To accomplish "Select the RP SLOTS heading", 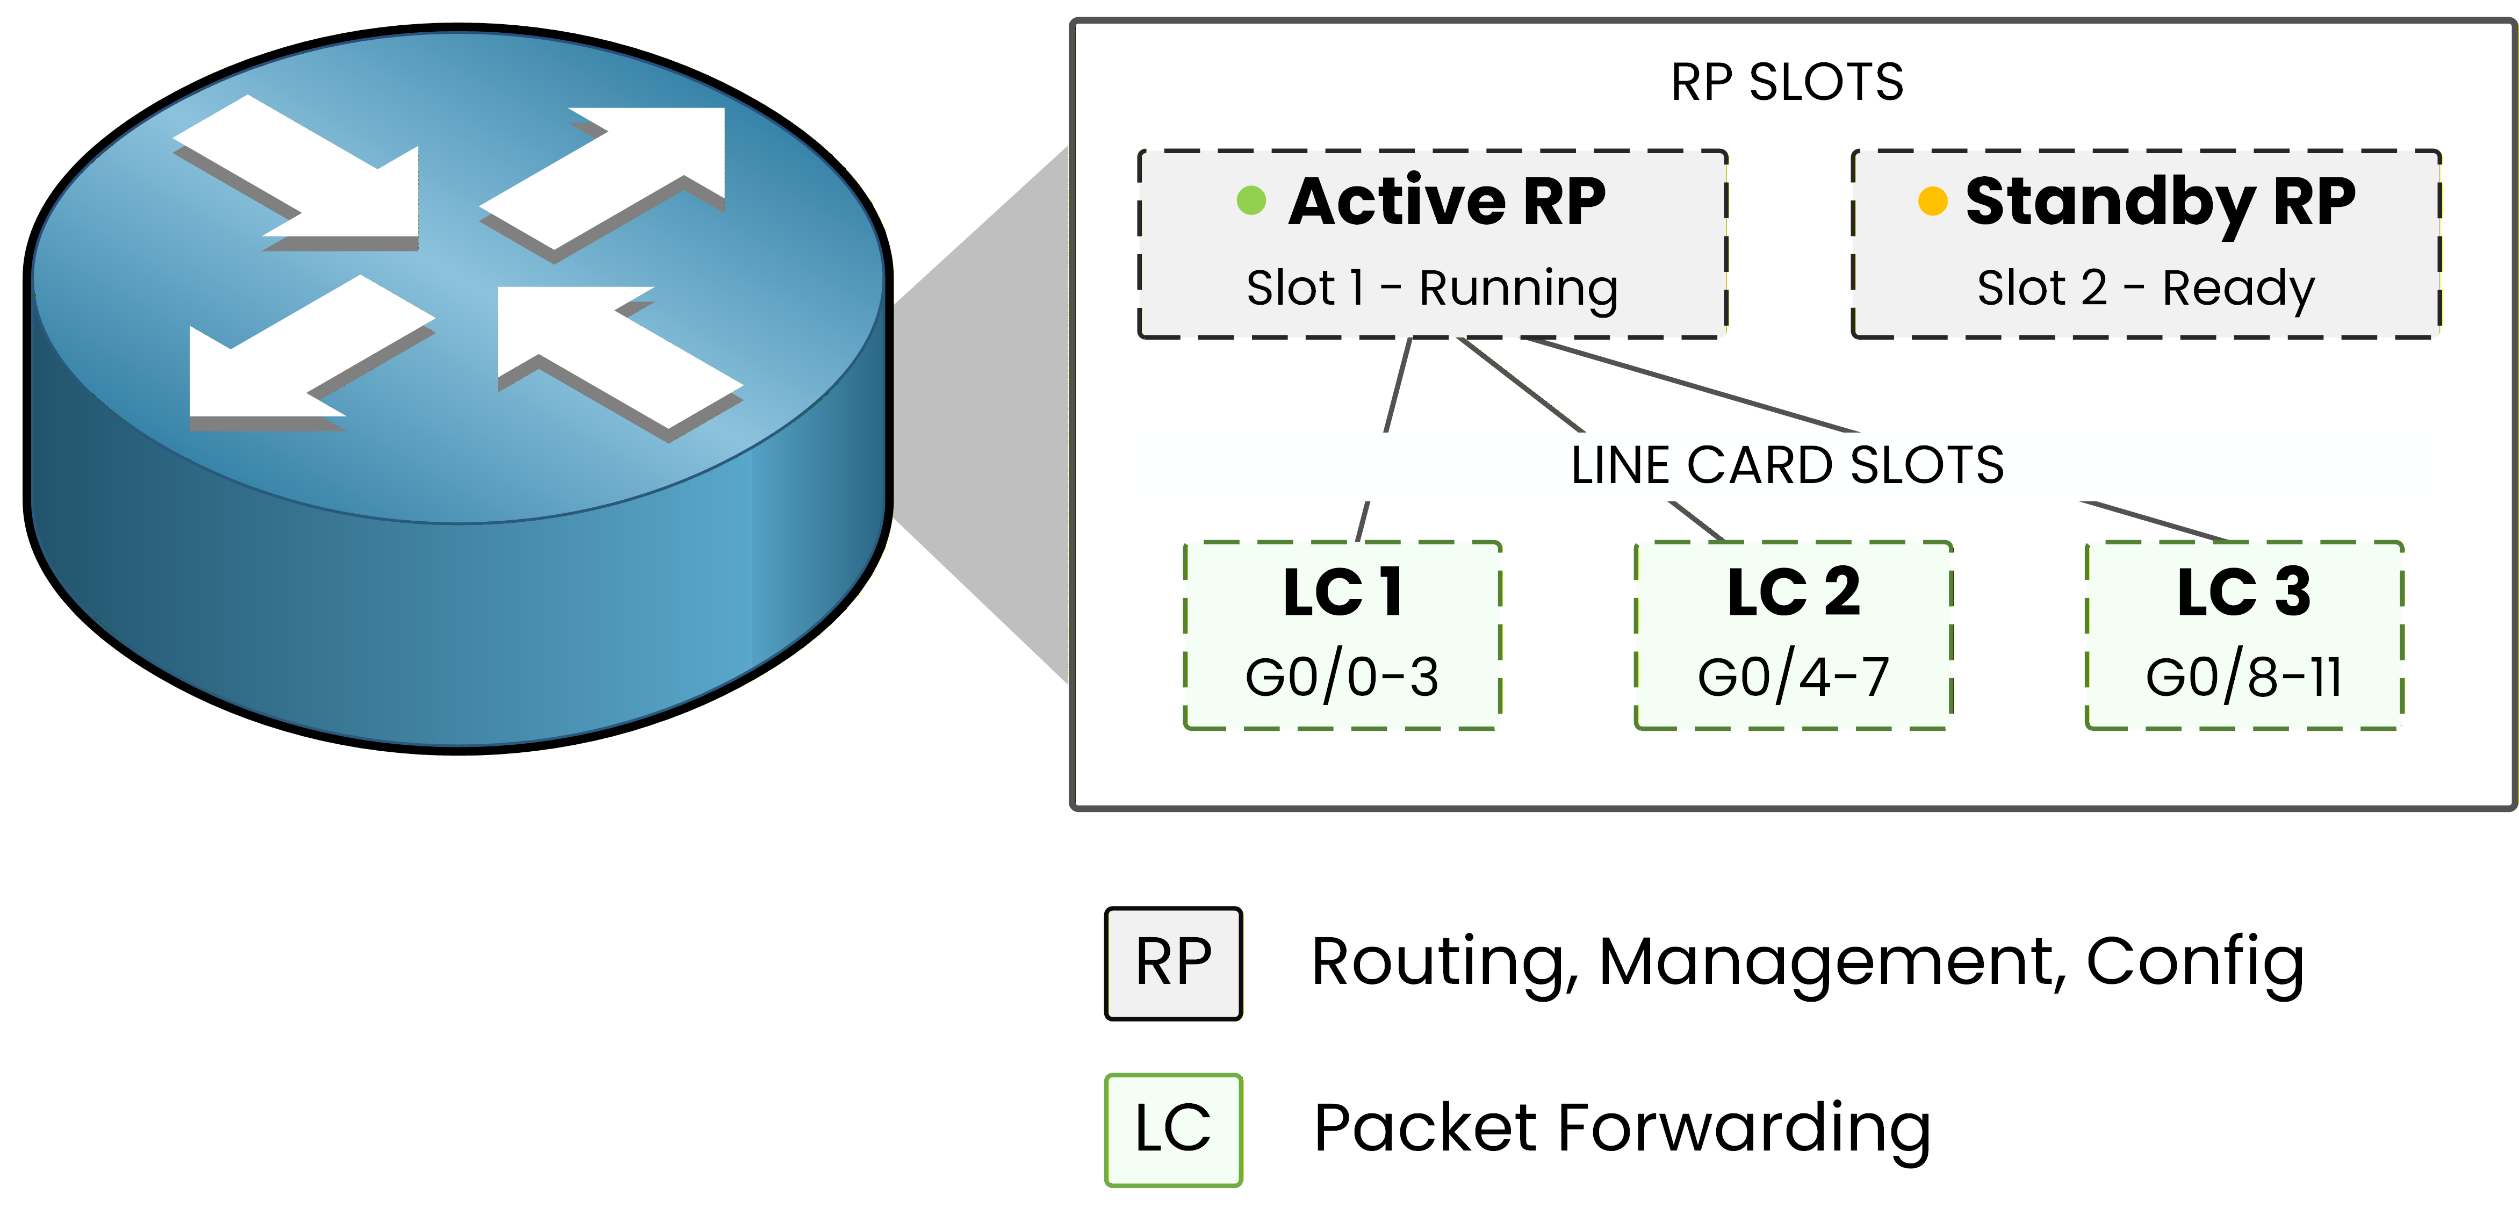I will click(1787, 82).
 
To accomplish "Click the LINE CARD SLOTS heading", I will click(1787, 465).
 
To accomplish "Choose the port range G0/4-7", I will click(1794, 677).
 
